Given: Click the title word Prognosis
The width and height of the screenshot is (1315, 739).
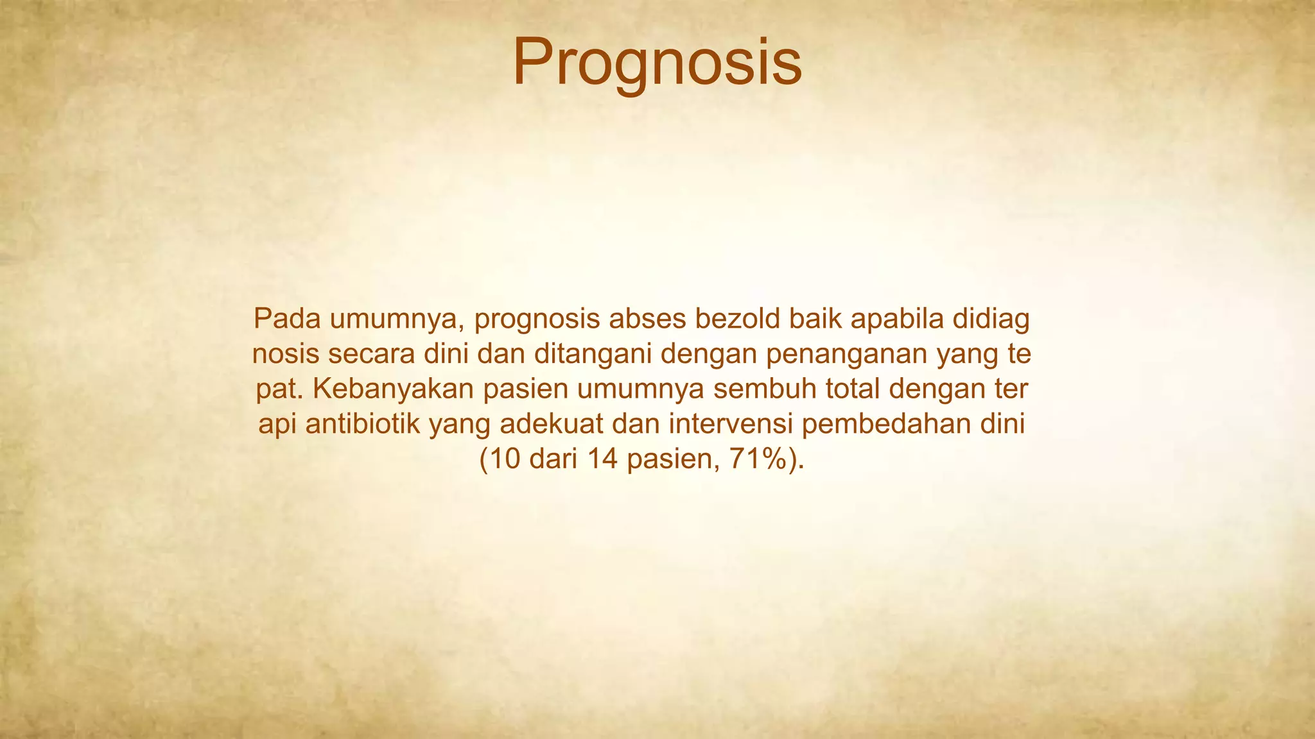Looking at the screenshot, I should [x=657, y=63].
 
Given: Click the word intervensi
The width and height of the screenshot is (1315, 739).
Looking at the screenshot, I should [x=720, y=425].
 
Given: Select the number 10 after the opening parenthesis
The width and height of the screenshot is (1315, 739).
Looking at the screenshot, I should [x=505, y=460].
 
